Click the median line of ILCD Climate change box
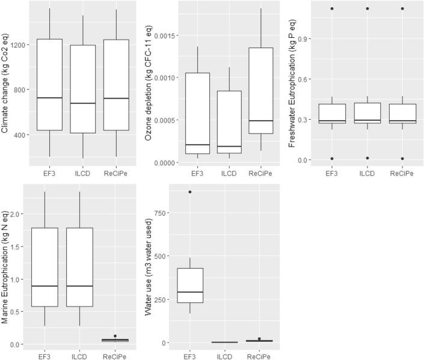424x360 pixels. click(x=82, y=103)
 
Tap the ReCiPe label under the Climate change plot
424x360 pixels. click(x=116, y=174)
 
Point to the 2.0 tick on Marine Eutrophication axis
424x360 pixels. click(x=20, y=214)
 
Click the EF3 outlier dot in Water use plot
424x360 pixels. click(x=190, y=192)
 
